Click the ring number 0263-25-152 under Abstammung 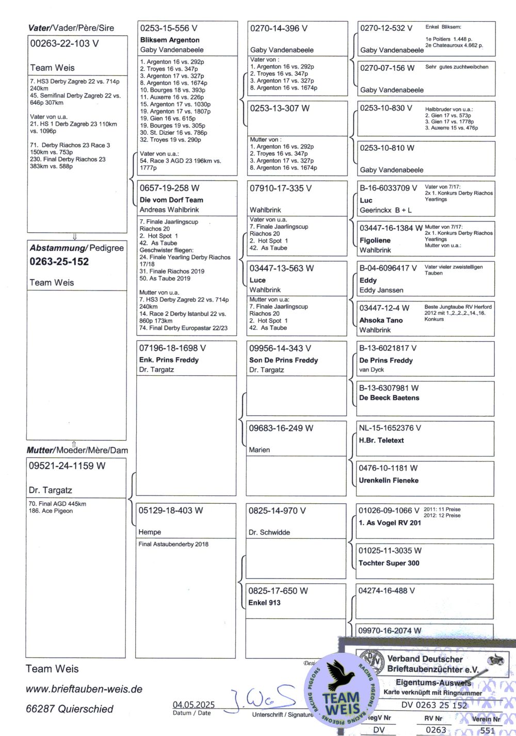(59, 262)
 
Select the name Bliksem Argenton (170, 40)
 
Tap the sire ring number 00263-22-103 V (64, 44)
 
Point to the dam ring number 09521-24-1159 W (67, 466)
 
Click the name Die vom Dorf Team (171, 200)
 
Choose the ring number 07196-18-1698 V (172, 348)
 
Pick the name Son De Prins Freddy (283, 360)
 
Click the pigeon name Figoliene (375, 241)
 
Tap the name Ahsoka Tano (381, 320)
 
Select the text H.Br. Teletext (381, 440)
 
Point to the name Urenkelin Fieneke (389, 481)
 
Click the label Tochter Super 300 (389, 563)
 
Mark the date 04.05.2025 (193, 705)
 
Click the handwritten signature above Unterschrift (263, 698)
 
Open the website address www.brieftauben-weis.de (84, 689)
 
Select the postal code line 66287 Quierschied (70, 709)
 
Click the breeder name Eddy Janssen (381, 290)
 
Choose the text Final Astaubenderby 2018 (173, 544)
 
